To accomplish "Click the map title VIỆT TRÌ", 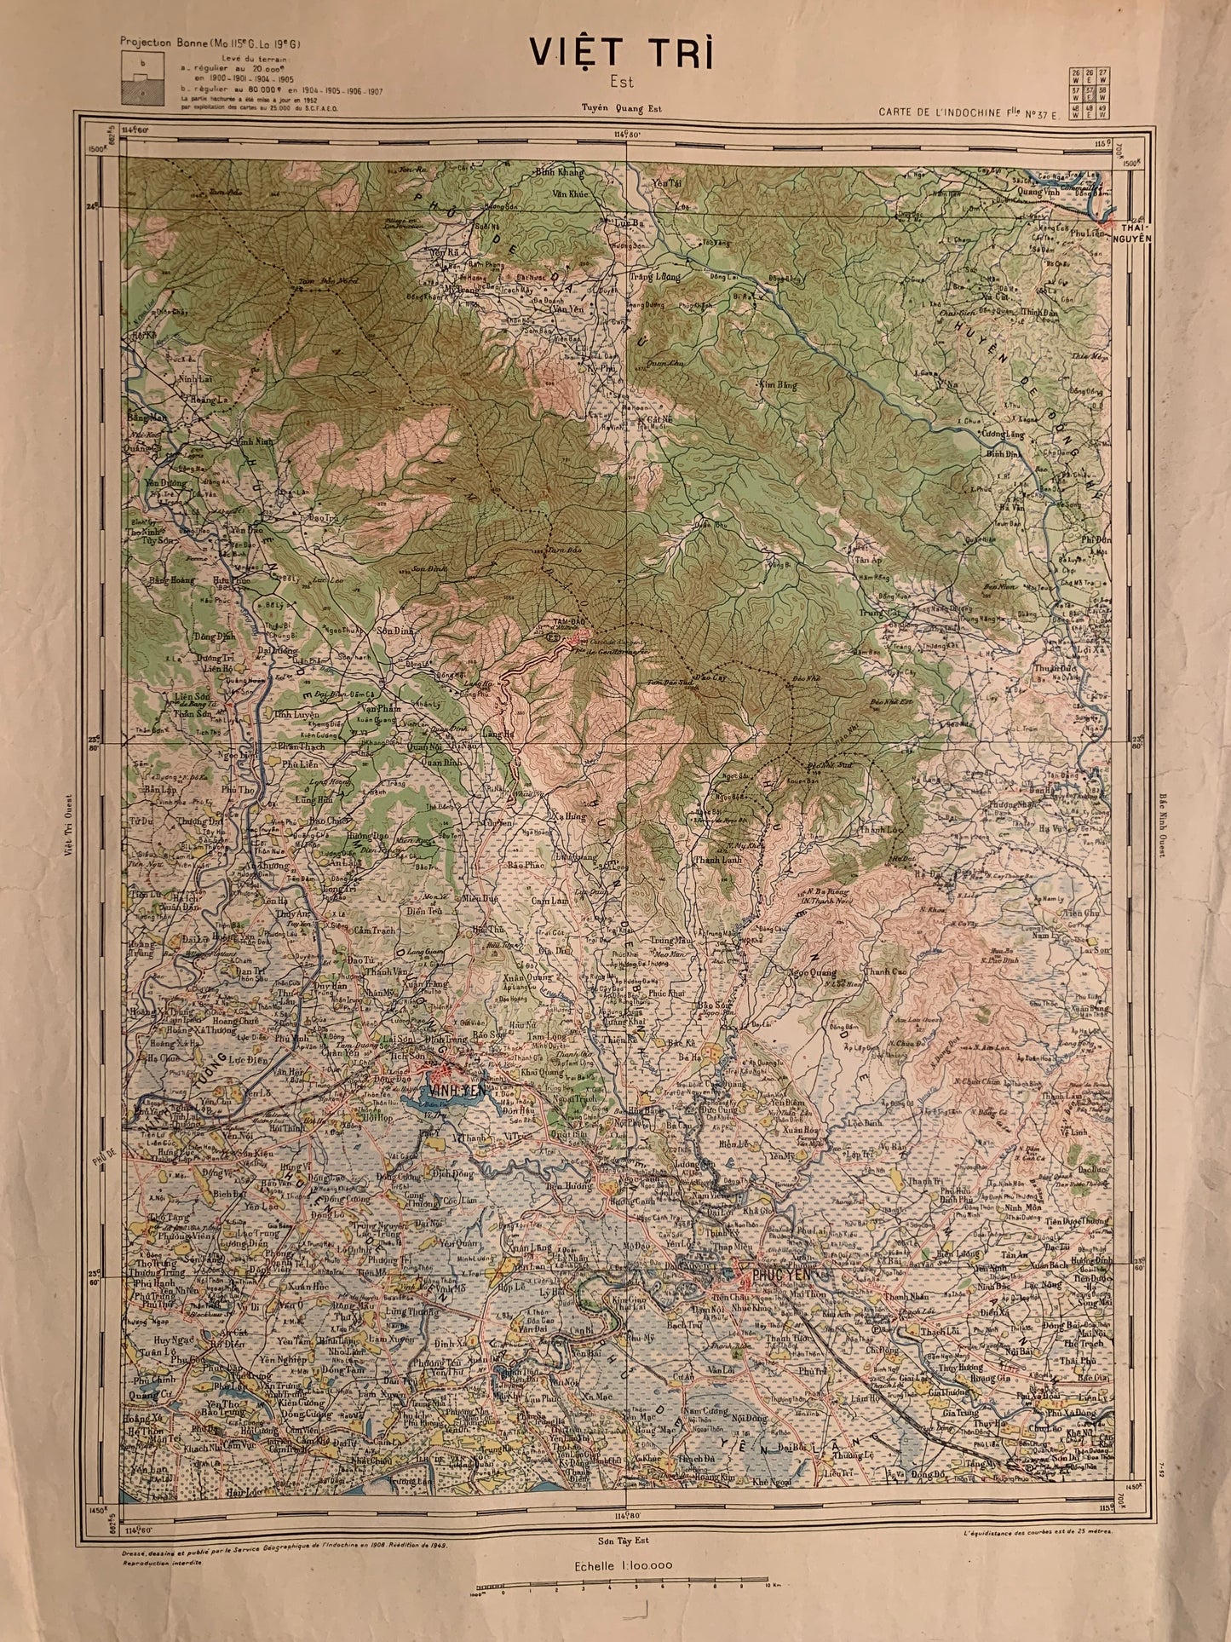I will click(620, 53).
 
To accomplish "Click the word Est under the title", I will click(621, 83).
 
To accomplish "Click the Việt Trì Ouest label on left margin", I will click(68, 827).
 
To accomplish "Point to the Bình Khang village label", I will click(560, 173).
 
